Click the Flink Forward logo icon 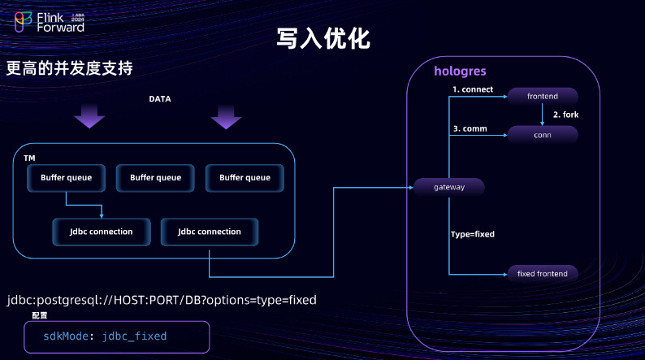pos(23,22)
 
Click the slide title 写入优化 pos(323,39)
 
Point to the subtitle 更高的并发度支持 pos(70,68)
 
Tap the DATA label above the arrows pos(159,99)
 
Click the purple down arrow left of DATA pos(89,116)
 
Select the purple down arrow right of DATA pos(226,117)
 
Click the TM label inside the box pos(29,158)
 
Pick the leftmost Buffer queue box pos(67,178)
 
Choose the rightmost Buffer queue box pos(245,178)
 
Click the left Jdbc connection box pos(102,232)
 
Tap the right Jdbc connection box pos(210,232)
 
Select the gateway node pos(448,187)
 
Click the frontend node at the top pos(543,96)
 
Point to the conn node pos(543,135)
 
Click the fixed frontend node pos(543,274)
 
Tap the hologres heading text pos(460,72)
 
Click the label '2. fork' pos(565,115)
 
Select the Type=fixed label pos(473,234)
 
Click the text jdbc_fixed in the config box pos(135,336)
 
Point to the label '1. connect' pos(473,89)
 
